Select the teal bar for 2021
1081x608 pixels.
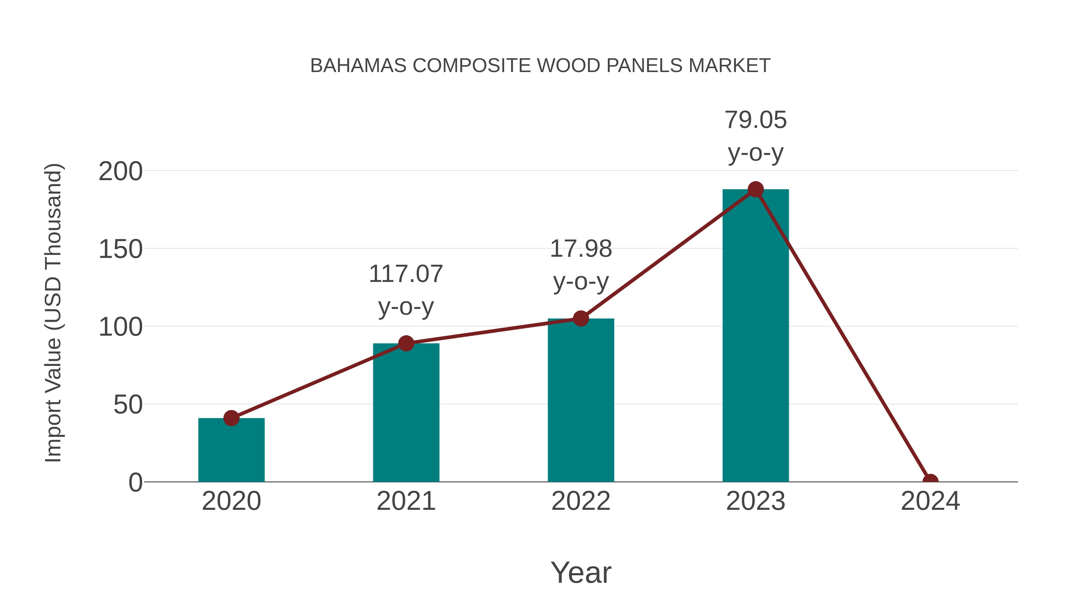point(406,413)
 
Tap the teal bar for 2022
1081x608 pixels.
point(581,401)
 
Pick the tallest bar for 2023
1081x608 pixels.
point(755,336)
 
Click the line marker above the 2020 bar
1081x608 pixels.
point(231,418)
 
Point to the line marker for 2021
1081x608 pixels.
point(406,343)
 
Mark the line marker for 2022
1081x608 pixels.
point(581,319)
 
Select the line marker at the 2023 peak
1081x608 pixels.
point(755,189)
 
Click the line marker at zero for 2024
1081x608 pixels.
point(930,481)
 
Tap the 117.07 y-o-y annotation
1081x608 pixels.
point(406,290)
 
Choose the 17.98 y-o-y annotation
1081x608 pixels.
point(581,265)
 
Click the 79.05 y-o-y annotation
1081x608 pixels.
point(755,136)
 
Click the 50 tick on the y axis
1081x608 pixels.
point(128,405)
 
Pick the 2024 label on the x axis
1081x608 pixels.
point(930,501)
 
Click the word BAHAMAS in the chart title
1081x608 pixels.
point(358,66)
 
